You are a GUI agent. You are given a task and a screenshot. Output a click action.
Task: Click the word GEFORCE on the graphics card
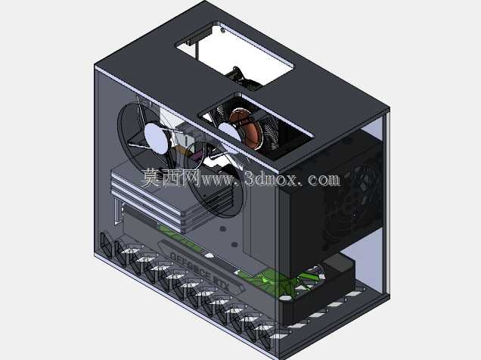[x=190, y=266]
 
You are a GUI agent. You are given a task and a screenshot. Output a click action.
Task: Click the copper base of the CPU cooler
[x=245, y=129]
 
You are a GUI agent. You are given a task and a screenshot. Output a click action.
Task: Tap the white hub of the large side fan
[x=157, y=138]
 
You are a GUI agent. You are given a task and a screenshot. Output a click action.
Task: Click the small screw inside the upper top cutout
[x=222, y=30]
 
